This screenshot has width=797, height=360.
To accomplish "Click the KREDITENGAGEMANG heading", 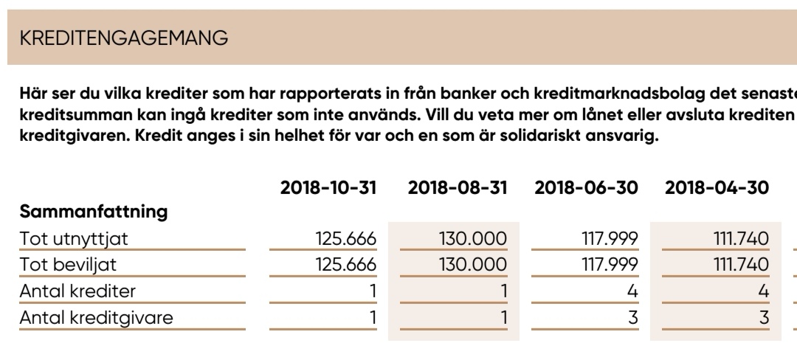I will (x=124, y=38).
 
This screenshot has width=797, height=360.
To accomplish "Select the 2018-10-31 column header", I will (x=328, y=187).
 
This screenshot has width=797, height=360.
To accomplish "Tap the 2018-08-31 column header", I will (x=458, y=187).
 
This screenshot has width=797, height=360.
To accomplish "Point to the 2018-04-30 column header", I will (x=717, y=187).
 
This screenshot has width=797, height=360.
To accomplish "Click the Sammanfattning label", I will (x=94, y=212).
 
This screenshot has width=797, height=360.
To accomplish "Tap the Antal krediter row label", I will (x=77, y=291).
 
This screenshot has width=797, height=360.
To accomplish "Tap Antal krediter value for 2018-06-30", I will (x=632, y=291).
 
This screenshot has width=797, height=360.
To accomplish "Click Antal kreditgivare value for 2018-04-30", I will (x=764, y=318).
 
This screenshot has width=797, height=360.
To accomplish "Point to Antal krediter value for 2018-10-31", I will (x=372, y=291).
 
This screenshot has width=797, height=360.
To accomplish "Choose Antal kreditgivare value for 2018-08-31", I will (x=503, y=318).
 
